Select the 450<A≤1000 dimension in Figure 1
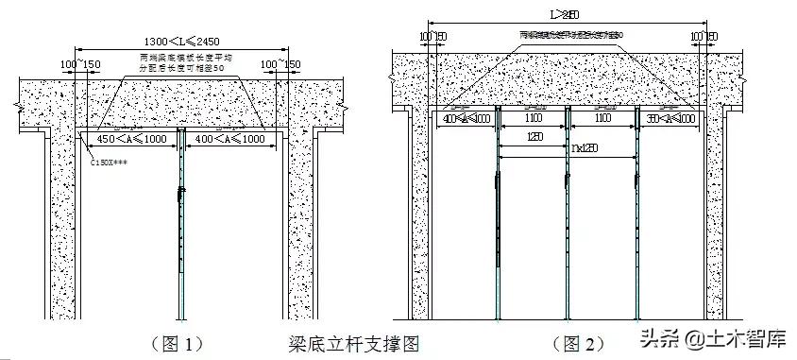[x=127, y=140]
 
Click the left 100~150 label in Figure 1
[x=80, y=64]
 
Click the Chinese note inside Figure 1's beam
[x=180, y=64]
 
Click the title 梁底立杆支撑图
[x=353, y=343]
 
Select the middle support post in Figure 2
[x=567, y=227]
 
